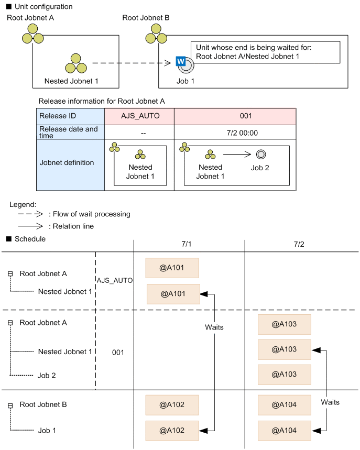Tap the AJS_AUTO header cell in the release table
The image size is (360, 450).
pos(139,116)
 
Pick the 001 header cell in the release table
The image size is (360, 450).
pos(235,116)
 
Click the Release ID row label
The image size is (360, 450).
pos(70,116)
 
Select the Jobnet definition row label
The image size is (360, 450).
pos(70,162)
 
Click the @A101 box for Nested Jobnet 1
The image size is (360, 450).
pos(173,294)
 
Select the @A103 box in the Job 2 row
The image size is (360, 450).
pos(285,375)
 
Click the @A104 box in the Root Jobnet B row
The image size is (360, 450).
pos(285,404)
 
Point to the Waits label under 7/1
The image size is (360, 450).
pos(214,327)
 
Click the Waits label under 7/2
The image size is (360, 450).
pos(330,402)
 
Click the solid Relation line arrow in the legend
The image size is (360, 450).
pos(31,226)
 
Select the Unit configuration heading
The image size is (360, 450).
pos(42,7)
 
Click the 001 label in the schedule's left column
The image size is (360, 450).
pos(118,352)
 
